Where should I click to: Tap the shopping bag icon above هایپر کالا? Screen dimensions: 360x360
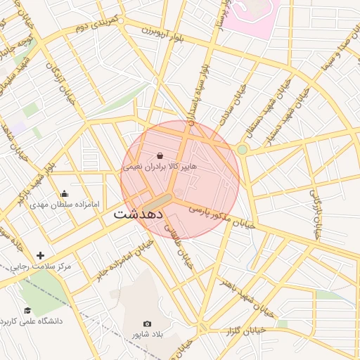[160, 155]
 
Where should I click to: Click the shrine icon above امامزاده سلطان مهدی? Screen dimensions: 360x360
[65, 194]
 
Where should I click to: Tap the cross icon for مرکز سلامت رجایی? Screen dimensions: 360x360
[40, 255]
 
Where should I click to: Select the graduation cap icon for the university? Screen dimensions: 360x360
[27, 310]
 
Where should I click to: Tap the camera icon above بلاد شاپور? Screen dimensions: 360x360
[147, 323]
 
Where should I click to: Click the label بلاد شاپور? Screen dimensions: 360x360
[148, 335]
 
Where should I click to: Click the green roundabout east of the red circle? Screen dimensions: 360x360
[243, 150]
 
